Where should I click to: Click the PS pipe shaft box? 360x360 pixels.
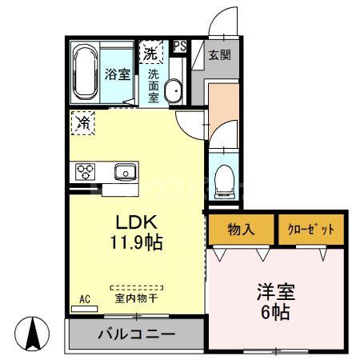(x=180, y=46)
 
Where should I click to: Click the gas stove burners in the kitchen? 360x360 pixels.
(x=85, y=171)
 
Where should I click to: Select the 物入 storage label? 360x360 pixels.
(x=241, y=230)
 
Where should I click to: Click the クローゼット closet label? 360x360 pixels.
(x=310, y=230)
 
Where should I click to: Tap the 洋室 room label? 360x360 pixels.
(x=276, y=292)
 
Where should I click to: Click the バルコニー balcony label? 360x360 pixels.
(x=137, y=334)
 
